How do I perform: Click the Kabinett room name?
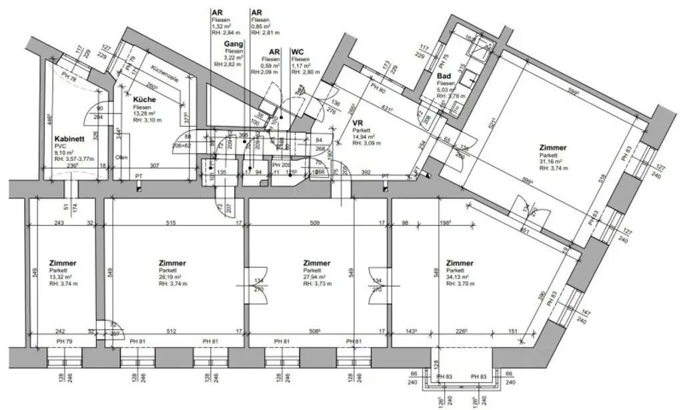pos(68,139)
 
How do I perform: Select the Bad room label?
pos(444,77)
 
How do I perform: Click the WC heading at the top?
pos(297,51)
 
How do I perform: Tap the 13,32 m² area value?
pos(63,276)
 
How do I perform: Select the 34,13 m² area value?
pos(460,276)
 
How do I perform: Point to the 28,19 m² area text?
pos(173,276)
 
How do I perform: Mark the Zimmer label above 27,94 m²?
pos(316,263)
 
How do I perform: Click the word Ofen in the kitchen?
pos(121,158)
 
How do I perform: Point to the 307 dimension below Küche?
pos(154,166)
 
